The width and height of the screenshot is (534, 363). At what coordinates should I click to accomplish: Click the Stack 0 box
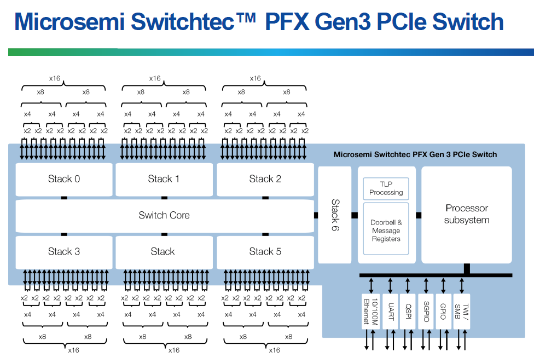click(64, 179)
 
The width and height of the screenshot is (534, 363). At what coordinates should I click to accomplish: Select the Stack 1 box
click(164, 179)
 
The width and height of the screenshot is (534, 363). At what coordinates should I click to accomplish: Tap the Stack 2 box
click(265, 179)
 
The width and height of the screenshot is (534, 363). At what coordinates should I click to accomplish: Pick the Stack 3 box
click(64, 252)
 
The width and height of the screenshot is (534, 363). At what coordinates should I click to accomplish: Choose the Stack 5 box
click(265, 252)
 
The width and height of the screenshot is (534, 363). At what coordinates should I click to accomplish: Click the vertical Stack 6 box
click(335, 215)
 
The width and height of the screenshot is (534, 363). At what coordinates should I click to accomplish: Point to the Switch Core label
click(164, 216)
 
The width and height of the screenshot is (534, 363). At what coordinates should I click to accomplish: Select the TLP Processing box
click(386, 188)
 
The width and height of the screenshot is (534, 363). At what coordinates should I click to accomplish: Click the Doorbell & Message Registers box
click(386, 231)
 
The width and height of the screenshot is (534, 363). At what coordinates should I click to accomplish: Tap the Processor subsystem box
click(467, 215)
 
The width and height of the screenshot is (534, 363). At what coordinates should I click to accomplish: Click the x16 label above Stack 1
click(155, 79)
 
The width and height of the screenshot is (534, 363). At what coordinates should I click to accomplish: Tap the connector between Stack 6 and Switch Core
click(316, 215)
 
